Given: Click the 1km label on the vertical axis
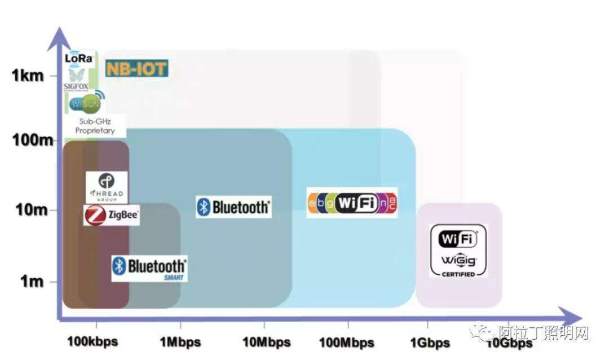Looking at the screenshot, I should pos(28,75).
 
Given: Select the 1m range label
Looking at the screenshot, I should pos(32,281).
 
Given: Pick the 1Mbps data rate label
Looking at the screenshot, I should pos(180,342).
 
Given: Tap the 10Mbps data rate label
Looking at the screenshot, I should pos(266,342).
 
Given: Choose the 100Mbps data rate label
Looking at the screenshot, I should pos(346,342).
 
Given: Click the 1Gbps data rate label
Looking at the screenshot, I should pos(430,342).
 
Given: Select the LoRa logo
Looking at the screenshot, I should pos(80,58).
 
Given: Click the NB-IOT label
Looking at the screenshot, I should pos(136,69).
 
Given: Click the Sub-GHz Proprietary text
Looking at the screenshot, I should pos(95,126).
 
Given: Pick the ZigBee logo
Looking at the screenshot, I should pos(112,215).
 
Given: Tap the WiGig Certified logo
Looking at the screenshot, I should pos(458,250).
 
